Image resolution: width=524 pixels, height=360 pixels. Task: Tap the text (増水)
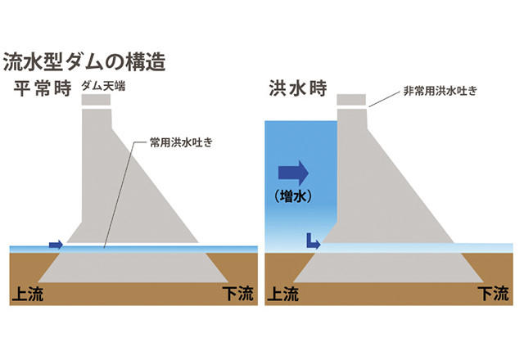click(x=293, y=197)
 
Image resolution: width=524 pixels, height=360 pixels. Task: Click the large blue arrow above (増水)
click(x=293, y=173)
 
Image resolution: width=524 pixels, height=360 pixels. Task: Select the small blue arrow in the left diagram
click(x=56, y=244)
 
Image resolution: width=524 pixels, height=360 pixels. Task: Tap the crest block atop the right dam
click(x=353, y=100)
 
